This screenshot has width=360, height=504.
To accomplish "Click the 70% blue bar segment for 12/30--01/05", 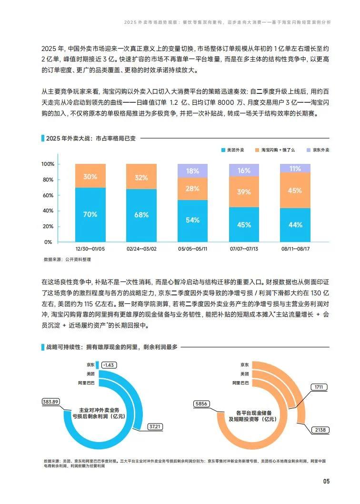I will (x=90, y=214).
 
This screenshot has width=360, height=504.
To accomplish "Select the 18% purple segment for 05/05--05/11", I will (x=192, y=171).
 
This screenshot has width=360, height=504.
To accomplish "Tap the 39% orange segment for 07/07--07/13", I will (x=244, y=192).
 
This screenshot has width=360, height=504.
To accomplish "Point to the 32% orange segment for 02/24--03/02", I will (x=141, y=177).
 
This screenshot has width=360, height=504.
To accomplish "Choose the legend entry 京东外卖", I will (x=318, y=150).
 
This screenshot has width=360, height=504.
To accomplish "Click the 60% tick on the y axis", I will (x=48, y=195).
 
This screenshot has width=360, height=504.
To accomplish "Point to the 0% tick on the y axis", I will (x=50, y=242).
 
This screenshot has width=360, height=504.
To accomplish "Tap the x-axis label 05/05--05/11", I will (x=192, y=249).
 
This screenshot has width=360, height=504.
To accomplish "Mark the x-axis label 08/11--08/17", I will (x=295, y=249).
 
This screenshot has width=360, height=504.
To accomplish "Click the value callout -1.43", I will (x=109, y=364).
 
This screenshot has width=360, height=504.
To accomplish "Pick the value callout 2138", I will (x=320, y=430).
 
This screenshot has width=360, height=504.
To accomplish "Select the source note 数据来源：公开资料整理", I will (x=67, y=260).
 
